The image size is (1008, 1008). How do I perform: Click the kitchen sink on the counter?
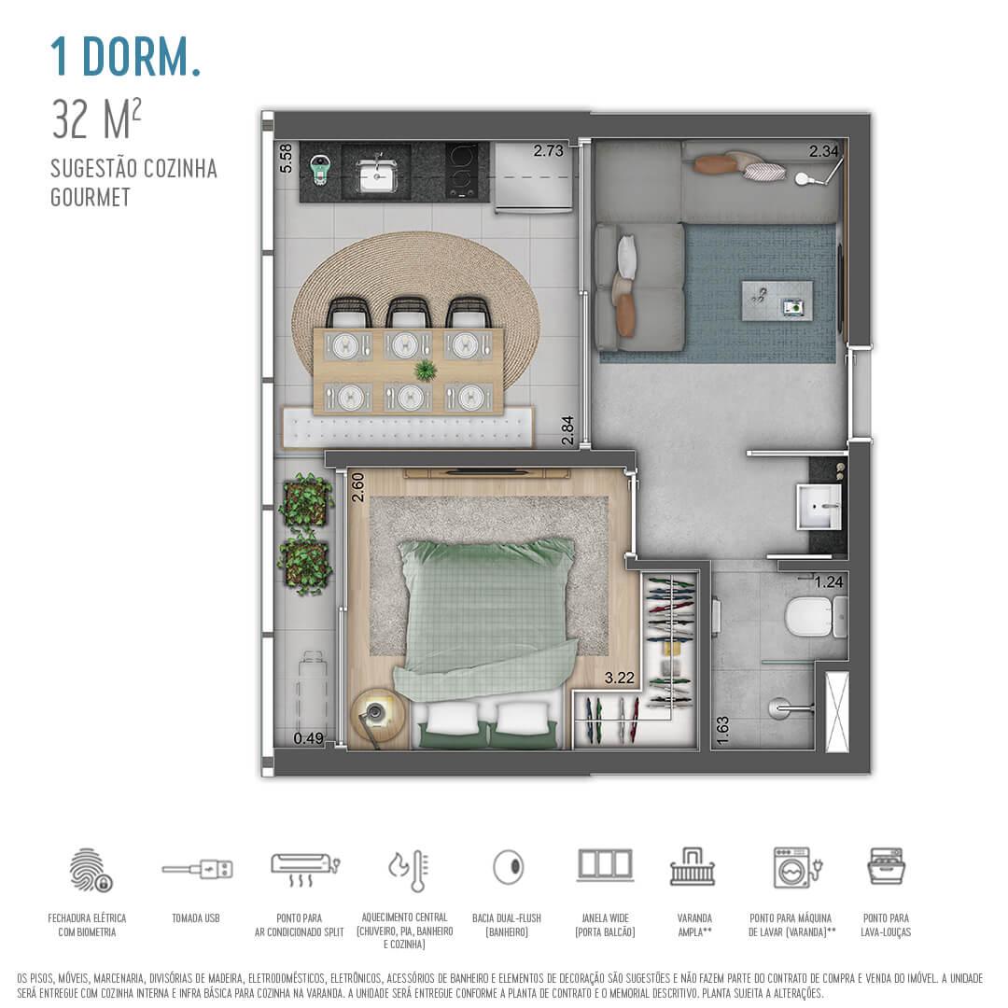[377, 174]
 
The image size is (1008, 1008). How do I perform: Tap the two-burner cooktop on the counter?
[462, 170]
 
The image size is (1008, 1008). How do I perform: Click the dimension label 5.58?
[287, 158]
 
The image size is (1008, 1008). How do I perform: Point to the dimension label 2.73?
[549, 150]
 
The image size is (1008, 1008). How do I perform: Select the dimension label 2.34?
[824, 150]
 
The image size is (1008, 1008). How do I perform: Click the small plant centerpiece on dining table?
[426, 371]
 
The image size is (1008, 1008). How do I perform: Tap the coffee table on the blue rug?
[777, 301]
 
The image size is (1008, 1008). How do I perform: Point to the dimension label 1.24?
[829, 582]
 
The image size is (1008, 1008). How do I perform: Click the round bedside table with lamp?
[378, 715]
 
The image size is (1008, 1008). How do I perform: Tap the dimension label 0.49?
[308, 738]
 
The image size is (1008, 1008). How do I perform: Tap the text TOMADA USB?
[196, 918]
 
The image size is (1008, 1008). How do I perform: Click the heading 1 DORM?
[126, 58]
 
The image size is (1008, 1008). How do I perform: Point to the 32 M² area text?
[98, 119]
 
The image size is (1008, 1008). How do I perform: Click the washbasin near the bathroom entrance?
[820, 507]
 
